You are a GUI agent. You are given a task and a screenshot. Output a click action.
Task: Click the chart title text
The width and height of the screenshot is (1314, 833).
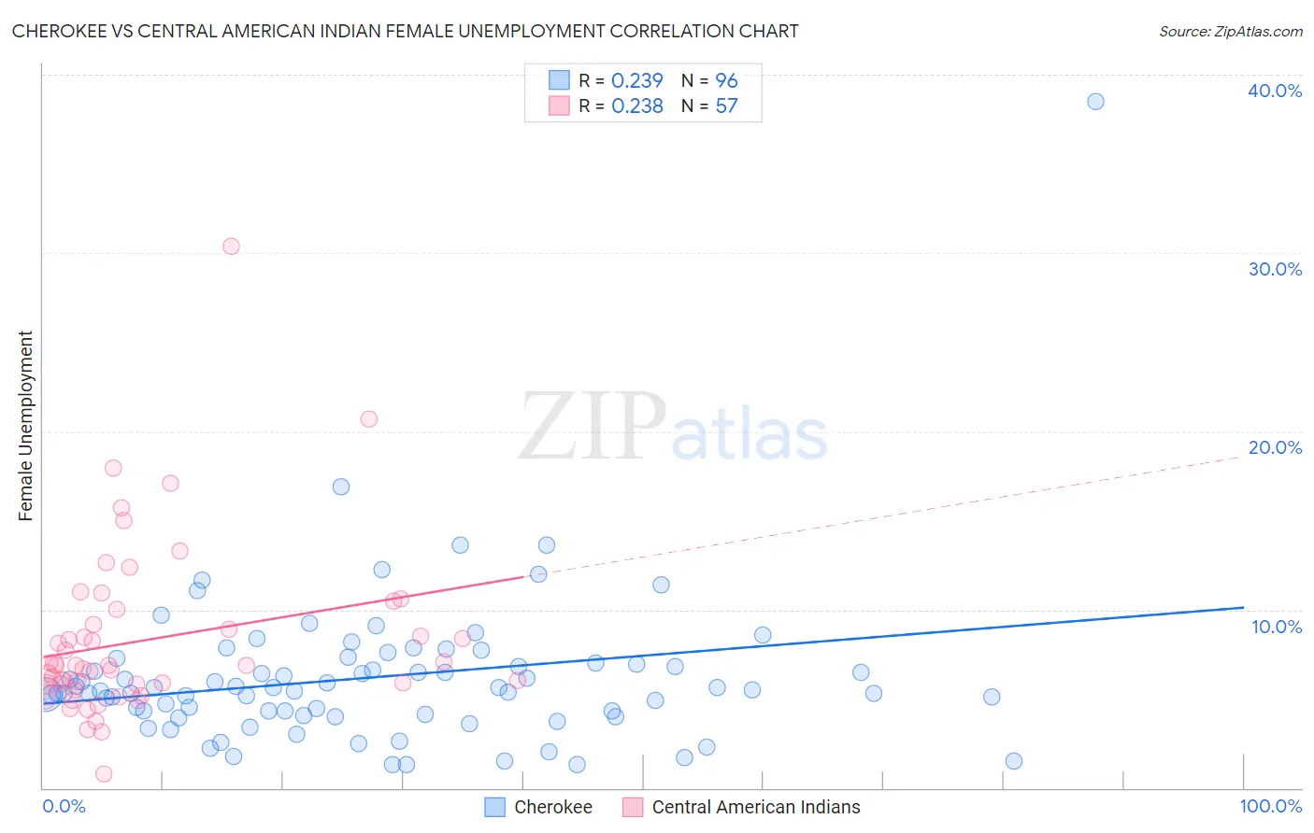pos(405,31)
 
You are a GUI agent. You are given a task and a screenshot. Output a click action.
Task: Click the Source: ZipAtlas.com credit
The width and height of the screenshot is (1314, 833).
pos(1230,31)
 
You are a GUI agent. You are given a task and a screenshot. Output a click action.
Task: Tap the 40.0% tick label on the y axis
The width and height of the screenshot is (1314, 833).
pos(1275,91)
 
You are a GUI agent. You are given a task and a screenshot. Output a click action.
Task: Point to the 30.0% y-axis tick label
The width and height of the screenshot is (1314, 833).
pos(1275,269)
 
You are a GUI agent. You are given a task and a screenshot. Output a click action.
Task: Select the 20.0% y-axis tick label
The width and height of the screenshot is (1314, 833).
pos(1275,447)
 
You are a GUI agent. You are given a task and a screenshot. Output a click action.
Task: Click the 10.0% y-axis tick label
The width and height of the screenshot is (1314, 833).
pos(1277,627)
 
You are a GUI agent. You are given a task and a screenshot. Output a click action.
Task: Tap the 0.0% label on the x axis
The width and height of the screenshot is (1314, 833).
pos(64,806)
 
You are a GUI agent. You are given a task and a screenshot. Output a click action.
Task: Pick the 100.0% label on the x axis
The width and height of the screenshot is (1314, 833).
pos(1271,806)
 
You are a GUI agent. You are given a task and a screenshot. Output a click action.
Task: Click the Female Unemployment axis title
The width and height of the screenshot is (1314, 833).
pos(25,426)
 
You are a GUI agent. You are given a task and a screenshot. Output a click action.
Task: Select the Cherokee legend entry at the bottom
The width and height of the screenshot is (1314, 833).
pos(552,807)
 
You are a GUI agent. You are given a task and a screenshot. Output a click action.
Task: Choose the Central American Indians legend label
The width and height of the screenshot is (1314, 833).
pos(755,807)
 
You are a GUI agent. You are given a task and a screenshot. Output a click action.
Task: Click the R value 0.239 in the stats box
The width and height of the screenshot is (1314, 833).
pos(636,80)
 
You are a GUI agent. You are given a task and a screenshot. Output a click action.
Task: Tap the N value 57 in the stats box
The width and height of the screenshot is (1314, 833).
pos(726,106)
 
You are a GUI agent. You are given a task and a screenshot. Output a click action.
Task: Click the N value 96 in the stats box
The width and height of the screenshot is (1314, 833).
pos(726,80)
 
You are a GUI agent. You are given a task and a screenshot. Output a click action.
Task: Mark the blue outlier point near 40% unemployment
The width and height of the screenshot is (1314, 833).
pos(1095,101)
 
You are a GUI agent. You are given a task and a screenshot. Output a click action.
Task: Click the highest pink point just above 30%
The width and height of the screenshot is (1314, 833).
pos(231,247)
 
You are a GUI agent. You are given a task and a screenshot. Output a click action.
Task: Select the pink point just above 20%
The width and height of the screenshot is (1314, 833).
pos(369,419)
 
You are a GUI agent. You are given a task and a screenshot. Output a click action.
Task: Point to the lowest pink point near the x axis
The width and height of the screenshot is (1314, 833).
pos(104,773)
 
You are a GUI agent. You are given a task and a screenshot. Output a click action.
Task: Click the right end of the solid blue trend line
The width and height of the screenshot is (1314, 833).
pos(1243,607)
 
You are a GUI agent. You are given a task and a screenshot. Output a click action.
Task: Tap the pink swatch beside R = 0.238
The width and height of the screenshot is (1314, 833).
pos(559,106)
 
